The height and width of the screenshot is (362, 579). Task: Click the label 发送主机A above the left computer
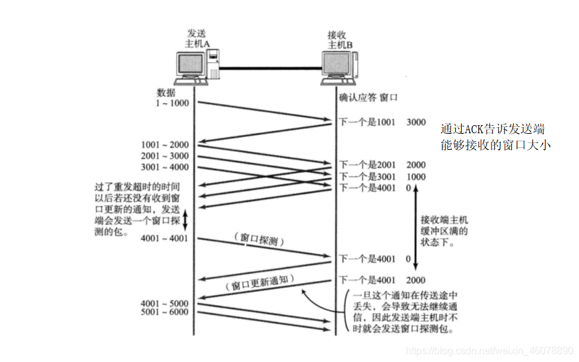point(199,38)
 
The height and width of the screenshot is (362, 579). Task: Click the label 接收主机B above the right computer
point(340,39)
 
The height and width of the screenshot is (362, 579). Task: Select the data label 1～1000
point(173,102)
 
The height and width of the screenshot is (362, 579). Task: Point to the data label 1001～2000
point(165,145)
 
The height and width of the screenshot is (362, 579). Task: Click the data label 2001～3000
point(165,156)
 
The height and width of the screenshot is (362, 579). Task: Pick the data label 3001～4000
point(165,167)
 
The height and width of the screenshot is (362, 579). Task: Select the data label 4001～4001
point(165,238)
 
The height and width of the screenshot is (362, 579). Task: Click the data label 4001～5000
point(165,303)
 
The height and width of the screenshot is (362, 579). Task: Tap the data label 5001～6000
point(165,313)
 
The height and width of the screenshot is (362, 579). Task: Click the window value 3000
point(416,122)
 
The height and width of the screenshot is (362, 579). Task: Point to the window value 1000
point(416,176)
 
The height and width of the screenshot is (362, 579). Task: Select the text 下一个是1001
point(368,122)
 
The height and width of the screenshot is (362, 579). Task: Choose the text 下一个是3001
point(368,176)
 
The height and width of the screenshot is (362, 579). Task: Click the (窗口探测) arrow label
point(255,237)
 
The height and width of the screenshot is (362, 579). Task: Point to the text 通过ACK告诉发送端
point(492,130)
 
